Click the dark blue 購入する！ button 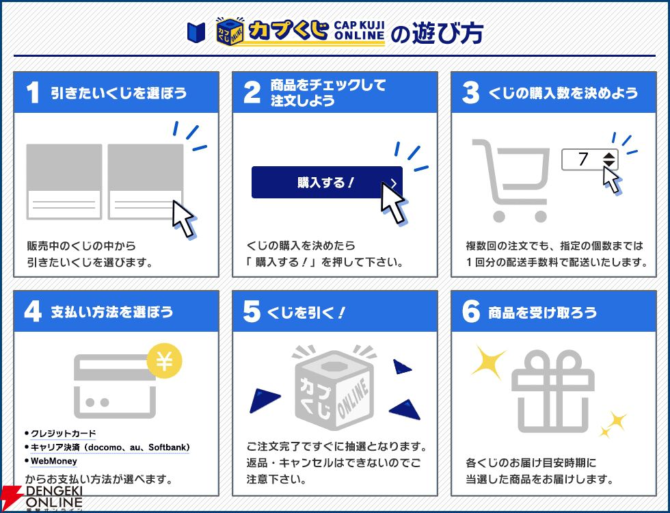pyautogui.click(x=327, y=182)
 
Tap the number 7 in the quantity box pyautogui.click(x=583, y=159)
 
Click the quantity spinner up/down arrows pyautogui.click(x=609, y=159)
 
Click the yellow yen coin pyautogui.click(x=164, y=362)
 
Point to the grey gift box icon pyautogui.click(x=553, y=391)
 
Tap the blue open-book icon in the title pyautogui.click(x=196, y=33)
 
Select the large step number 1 pyautogui.click(x=33, y=93)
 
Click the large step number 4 pyautogui.click(x=33, y=311)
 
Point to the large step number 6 pyautogui.click(x=471, y=311)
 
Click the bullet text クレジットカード pyautogui.click(x=63, y=434)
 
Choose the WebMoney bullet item pyautogui.click(x=54, y=461)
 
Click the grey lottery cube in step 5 pyautogui.click(x=334, y=390)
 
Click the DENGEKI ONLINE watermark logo pyautogui.click(x=42, y=499)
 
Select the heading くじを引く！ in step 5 pyautogui.click(x=306, y=313)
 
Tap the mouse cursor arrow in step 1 pyautogui.click(x=184, y=218)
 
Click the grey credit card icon pyautogui.click(x=115, y=386)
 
